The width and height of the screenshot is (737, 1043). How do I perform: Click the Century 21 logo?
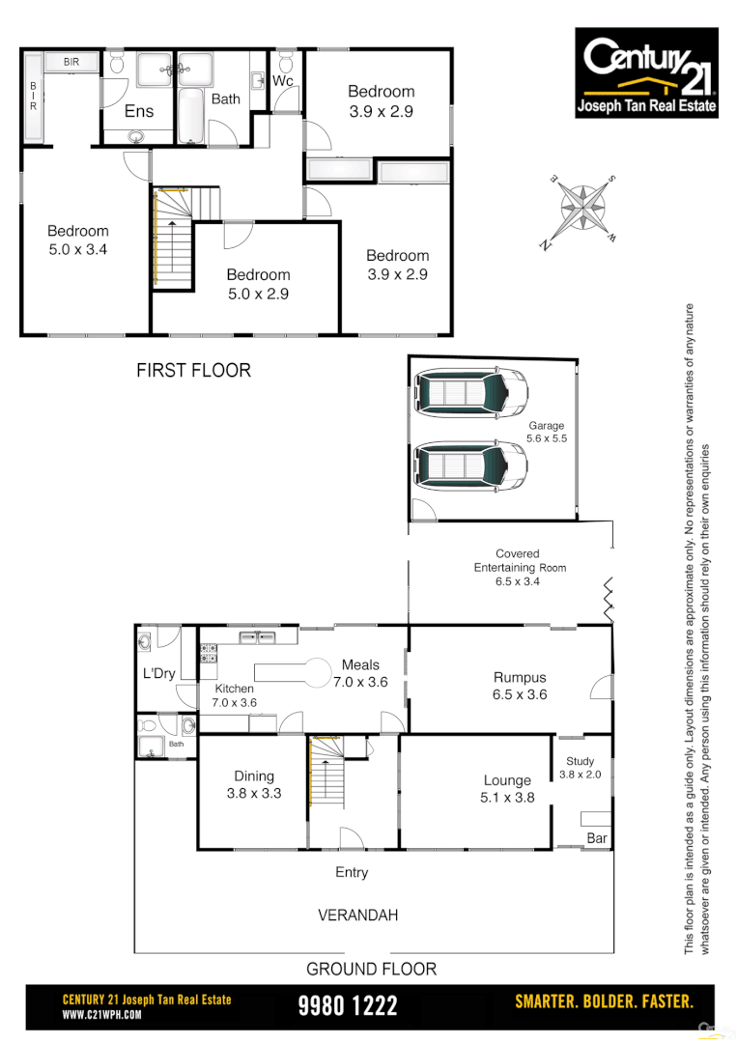646,72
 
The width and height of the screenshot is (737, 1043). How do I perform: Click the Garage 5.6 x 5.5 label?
546,432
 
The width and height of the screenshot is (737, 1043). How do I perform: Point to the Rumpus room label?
520,686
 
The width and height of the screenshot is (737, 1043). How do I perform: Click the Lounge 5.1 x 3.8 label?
507,789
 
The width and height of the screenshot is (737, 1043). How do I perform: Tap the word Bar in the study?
597,838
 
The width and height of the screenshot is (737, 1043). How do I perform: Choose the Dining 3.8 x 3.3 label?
254,784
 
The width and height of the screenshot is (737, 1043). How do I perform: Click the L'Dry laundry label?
158,673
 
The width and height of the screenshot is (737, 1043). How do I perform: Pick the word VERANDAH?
357,915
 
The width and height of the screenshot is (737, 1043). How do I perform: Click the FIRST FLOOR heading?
193,370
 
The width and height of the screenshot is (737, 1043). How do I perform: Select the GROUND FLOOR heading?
371,969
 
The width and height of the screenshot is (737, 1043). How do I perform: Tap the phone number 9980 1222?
348,1006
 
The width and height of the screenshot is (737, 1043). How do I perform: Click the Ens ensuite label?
139,111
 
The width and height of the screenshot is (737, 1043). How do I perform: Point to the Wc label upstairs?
282,81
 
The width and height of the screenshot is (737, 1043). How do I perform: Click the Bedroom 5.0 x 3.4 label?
78,240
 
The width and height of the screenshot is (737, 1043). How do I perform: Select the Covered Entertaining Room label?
518,568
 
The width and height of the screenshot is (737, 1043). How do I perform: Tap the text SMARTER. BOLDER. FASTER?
604,1001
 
